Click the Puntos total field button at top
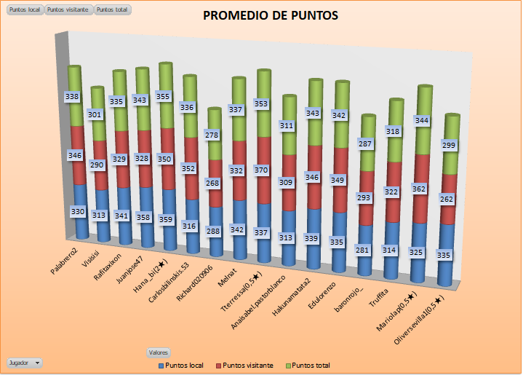112,10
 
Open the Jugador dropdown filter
24,362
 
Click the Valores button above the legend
159,352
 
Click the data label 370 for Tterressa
260,170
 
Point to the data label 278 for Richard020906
212,135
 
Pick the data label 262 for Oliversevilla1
446,198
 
